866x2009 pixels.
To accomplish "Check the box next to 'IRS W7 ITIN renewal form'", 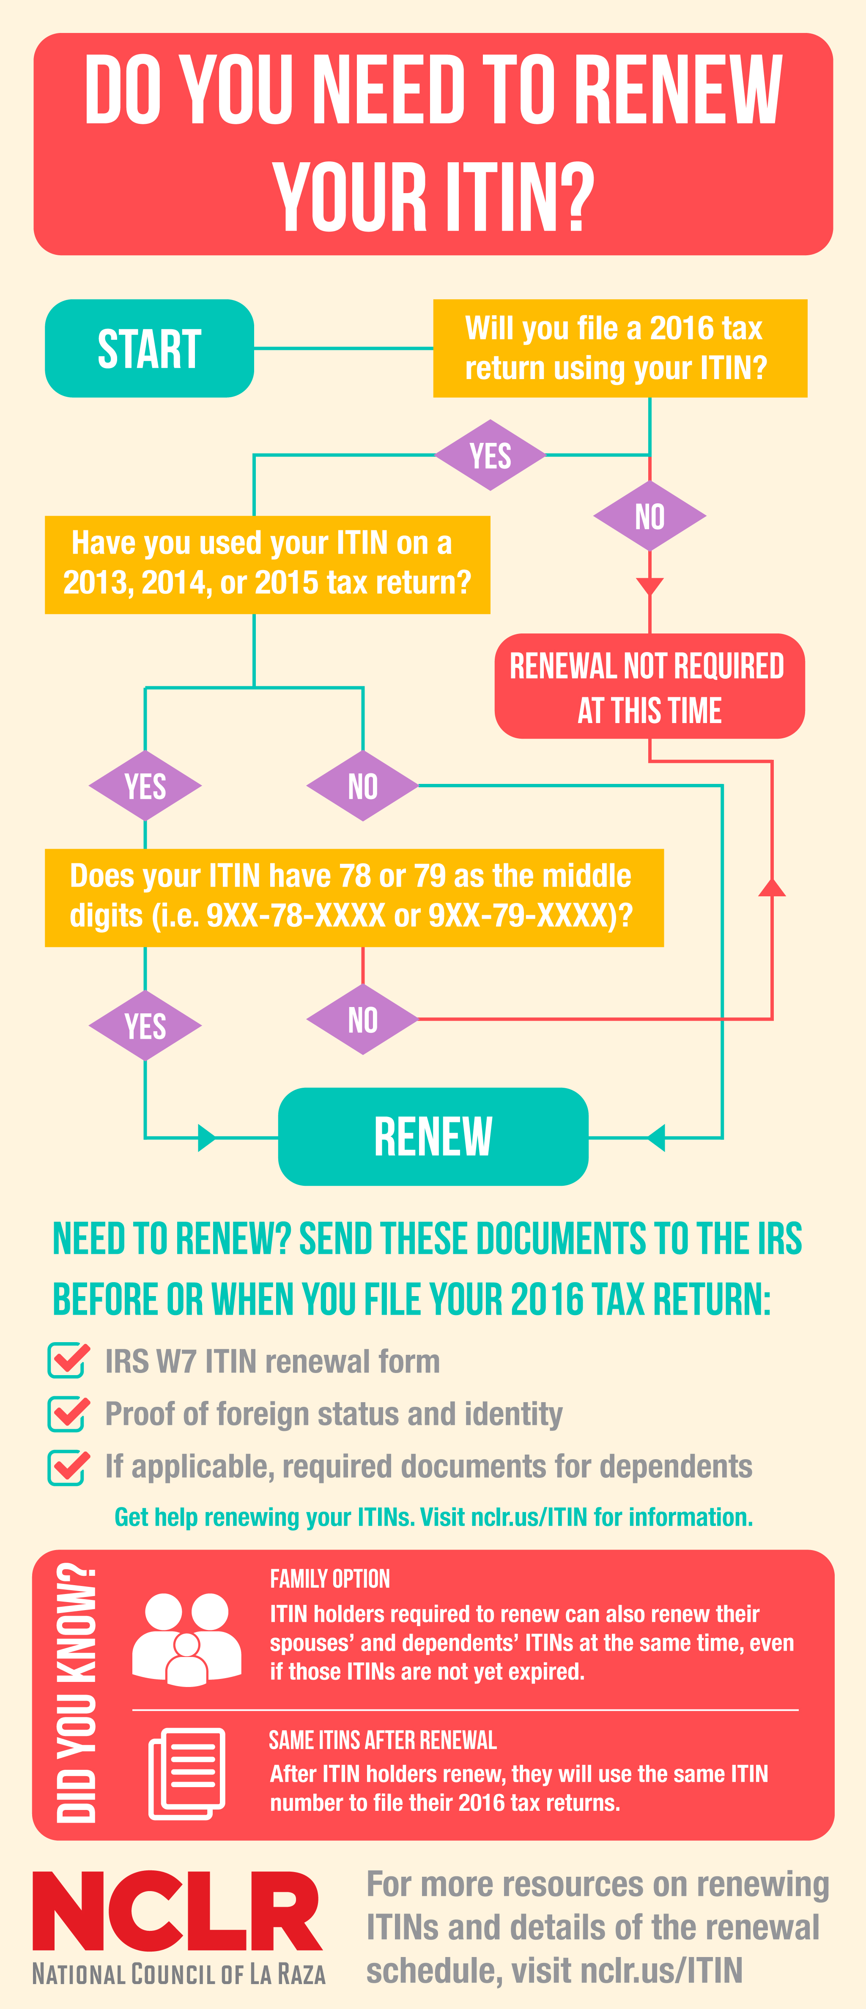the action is tap(69, 1360).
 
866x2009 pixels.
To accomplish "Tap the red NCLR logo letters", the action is tap(177, 1910).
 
